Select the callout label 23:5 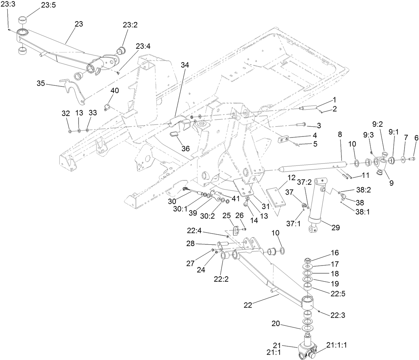click(x=49, y=5)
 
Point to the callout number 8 click(x=340, y=134)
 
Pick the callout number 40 click(x=115, y=91)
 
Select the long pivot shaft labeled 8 click(x=312, y=167)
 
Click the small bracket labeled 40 click(x=107, y=107)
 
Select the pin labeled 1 click(x=309, y=109)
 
